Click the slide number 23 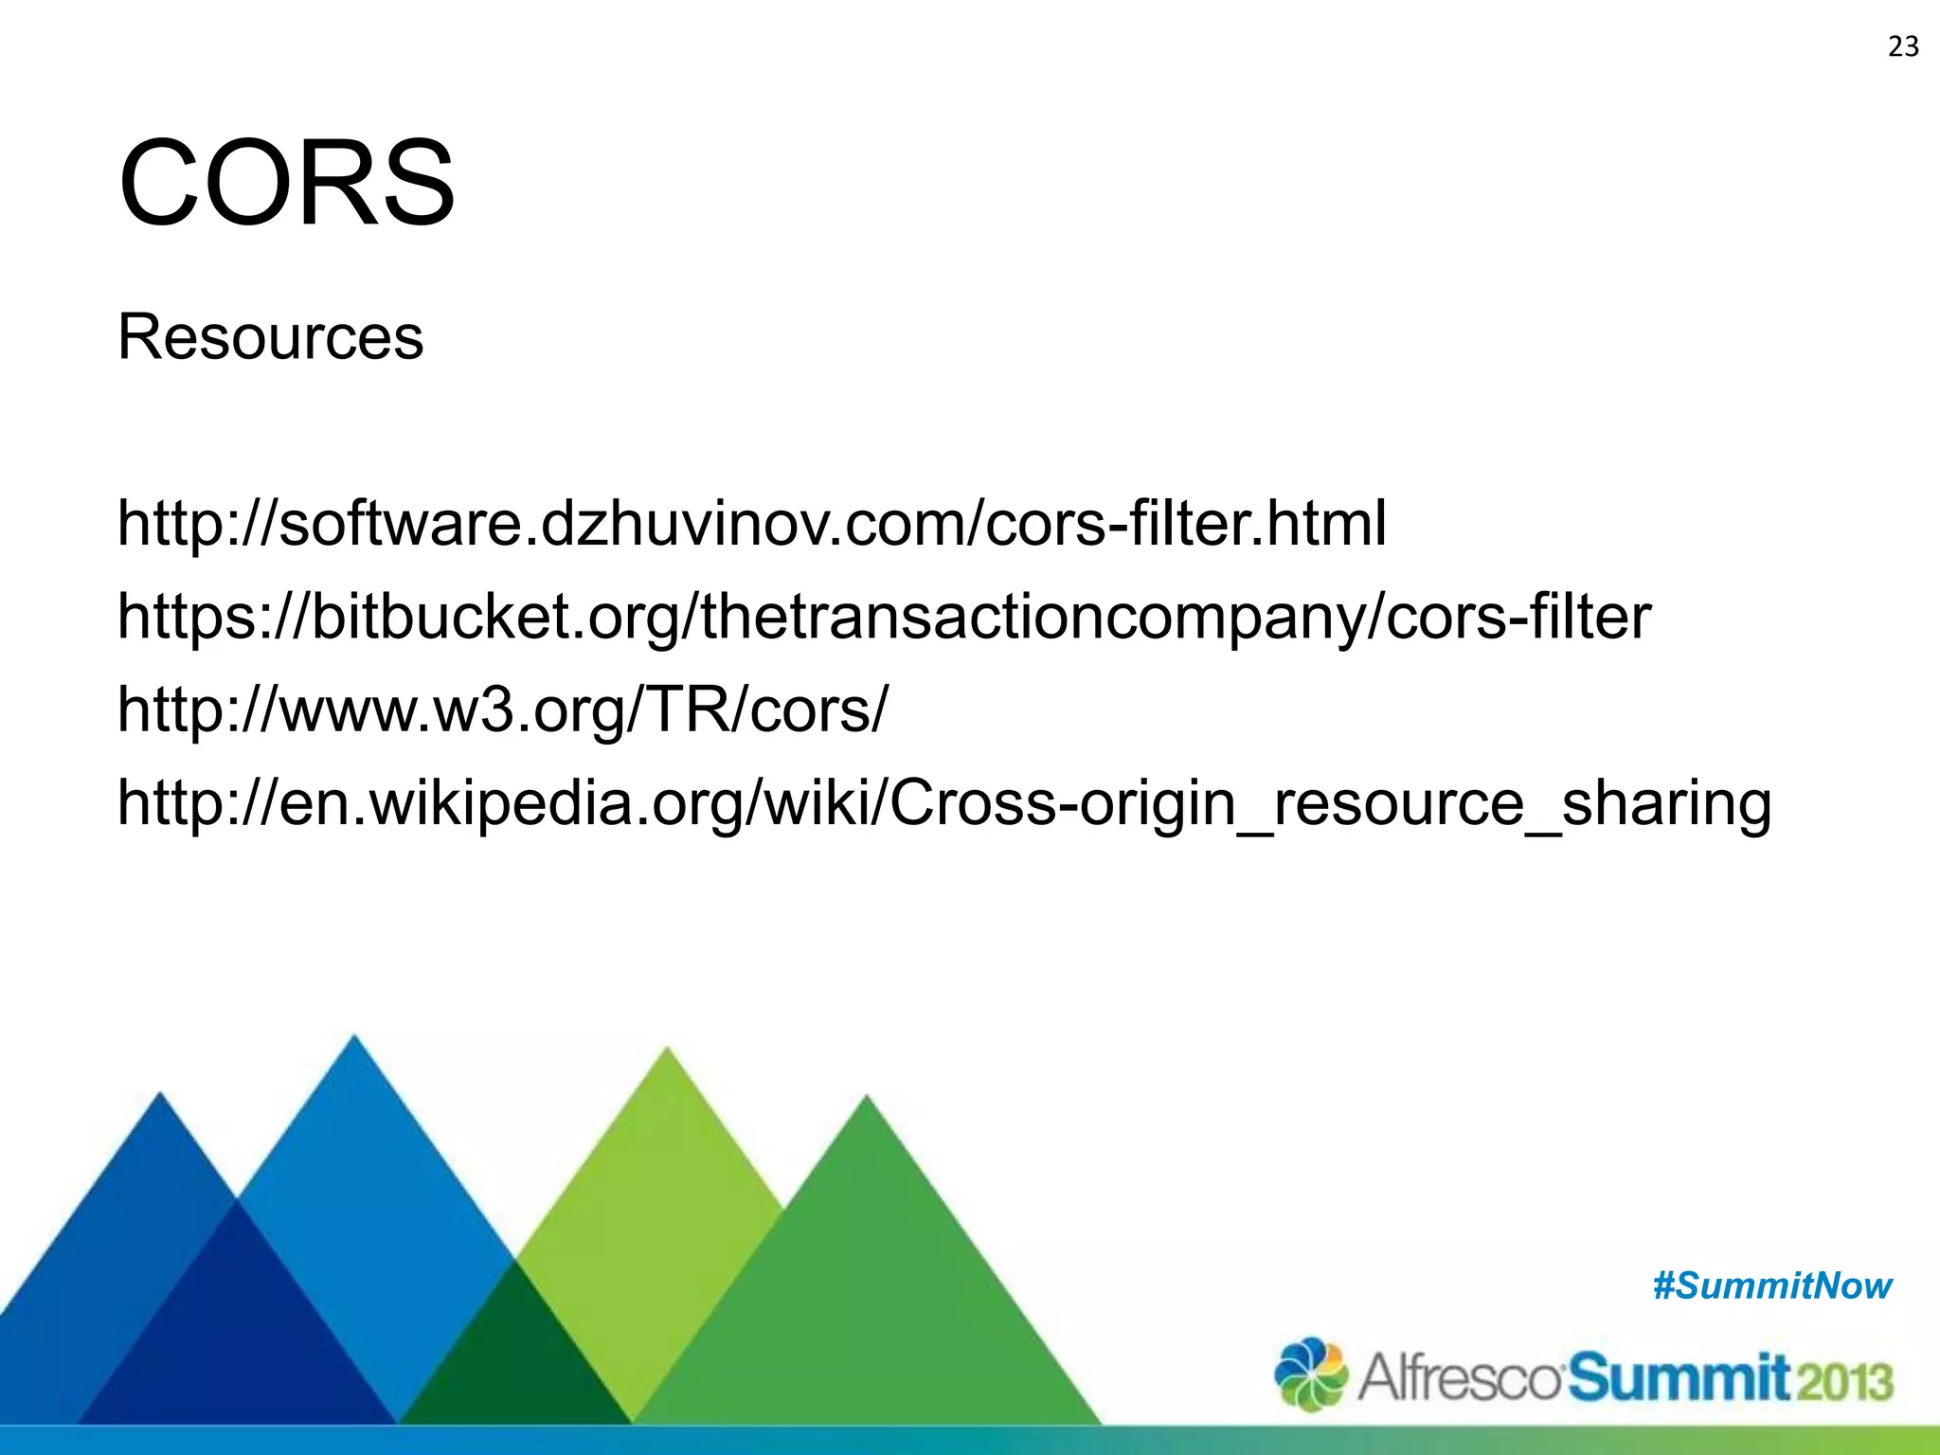[1903, 46]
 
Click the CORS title [286, 183]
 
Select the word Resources [270, 337]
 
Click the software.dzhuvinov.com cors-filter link [751, 524]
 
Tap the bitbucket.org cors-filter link [884, 617]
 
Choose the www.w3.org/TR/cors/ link [503, 710]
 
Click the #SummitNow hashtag [1771, 1286]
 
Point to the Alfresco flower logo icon [1310, 1374]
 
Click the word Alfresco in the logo [1459, 1377]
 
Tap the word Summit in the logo [1678, 1377]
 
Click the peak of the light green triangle [667, 1053]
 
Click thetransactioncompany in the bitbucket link [1036, 617]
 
